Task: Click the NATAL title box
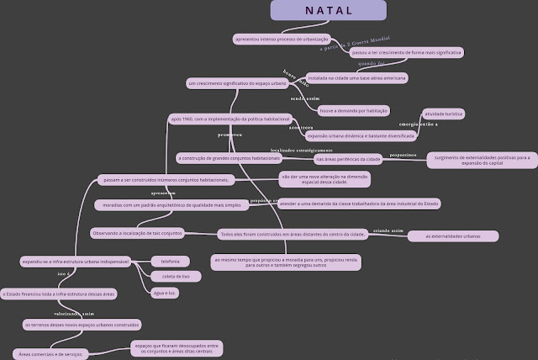[328, 10]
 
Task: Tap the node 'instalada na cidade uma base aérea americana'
[357, 77]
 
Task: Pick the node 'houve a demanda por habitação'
[353, 110]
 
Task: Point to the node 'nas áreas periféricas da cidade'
[348, 158]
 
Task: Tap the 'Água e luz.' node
[165, 292]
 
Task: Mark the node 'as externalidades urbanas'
[453, 236]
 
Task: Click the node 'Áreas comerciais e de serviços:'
[50, 354]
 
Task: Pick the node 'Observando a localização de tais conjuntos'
[137, 232]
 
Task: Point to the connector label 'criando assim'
[388, 228]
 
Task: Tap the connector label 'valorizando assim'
[76, 312]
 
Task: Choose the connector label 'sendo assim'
[306, 98]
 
